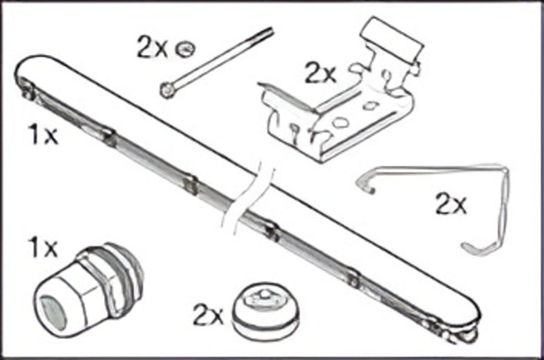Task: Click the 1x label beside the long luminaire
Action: point(42,136)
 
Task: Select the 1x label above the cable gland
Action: point(42,248)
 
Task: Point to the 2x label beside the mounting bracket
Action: point(320,72)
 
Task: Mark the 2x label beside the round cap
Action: point(208,314)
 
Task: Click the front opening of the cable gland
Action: point(50,307)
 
